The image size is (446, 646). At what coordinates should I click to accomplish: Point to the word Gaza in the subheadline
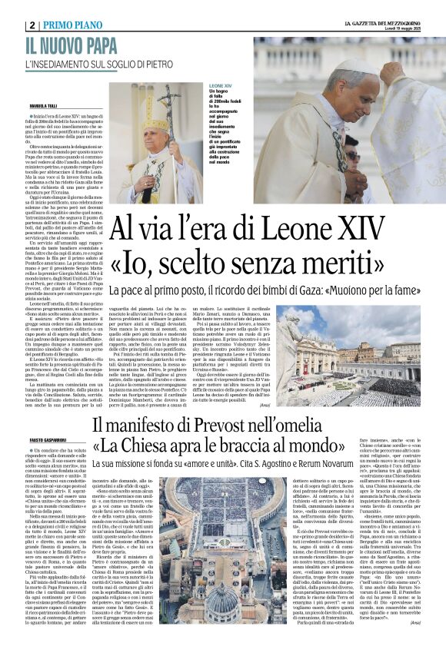point(339,291)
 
